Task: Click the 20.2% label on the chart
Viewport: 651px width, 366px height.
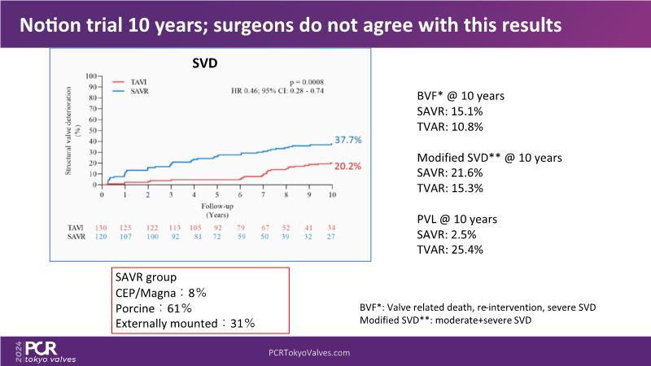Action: click(x=347, y=166)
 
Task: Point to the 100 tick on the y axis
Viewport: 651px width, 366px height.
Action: click(x=93, y=76)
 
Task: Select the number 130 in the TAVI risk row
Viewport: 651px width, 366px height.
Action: click(x=103, y=227)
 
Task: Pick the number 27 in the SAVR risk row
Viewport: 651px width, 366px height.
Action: click(x=332, y=237)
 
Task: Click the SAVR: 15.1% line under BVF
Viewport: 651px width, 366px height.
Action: click(x=439, y=111)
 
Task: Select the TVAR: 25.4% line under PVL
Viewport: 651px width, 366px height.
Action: click(x=439, y=250)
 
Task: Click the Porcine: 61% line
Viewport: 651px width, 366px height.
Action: click(x=154, y=308)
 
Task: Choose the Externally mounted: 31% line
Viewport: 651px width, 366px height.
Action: click(x=186, y=323)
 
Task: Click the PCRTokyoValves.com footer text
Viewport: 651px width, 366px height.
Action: click(x=309, y=353)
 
